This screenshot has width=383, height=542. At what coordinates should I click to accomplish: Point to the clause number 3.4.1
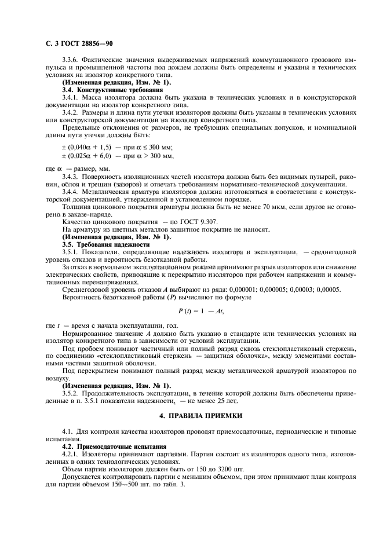coord(70,98)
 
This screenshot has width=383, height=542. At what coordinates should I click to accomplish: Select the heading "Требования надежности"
coord(113,245)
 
